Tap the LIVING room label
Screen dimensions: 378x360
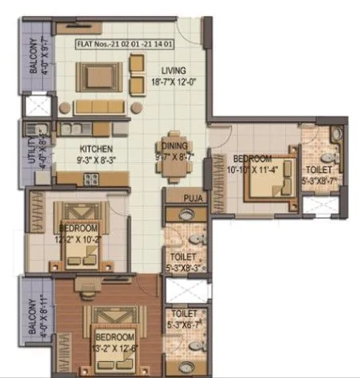(x=170, y=69)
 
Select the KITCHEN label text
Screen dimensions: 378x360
(x=95, y=148)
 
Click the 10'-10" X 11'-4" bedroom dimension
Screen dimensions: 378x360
(x=253, y=168)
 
